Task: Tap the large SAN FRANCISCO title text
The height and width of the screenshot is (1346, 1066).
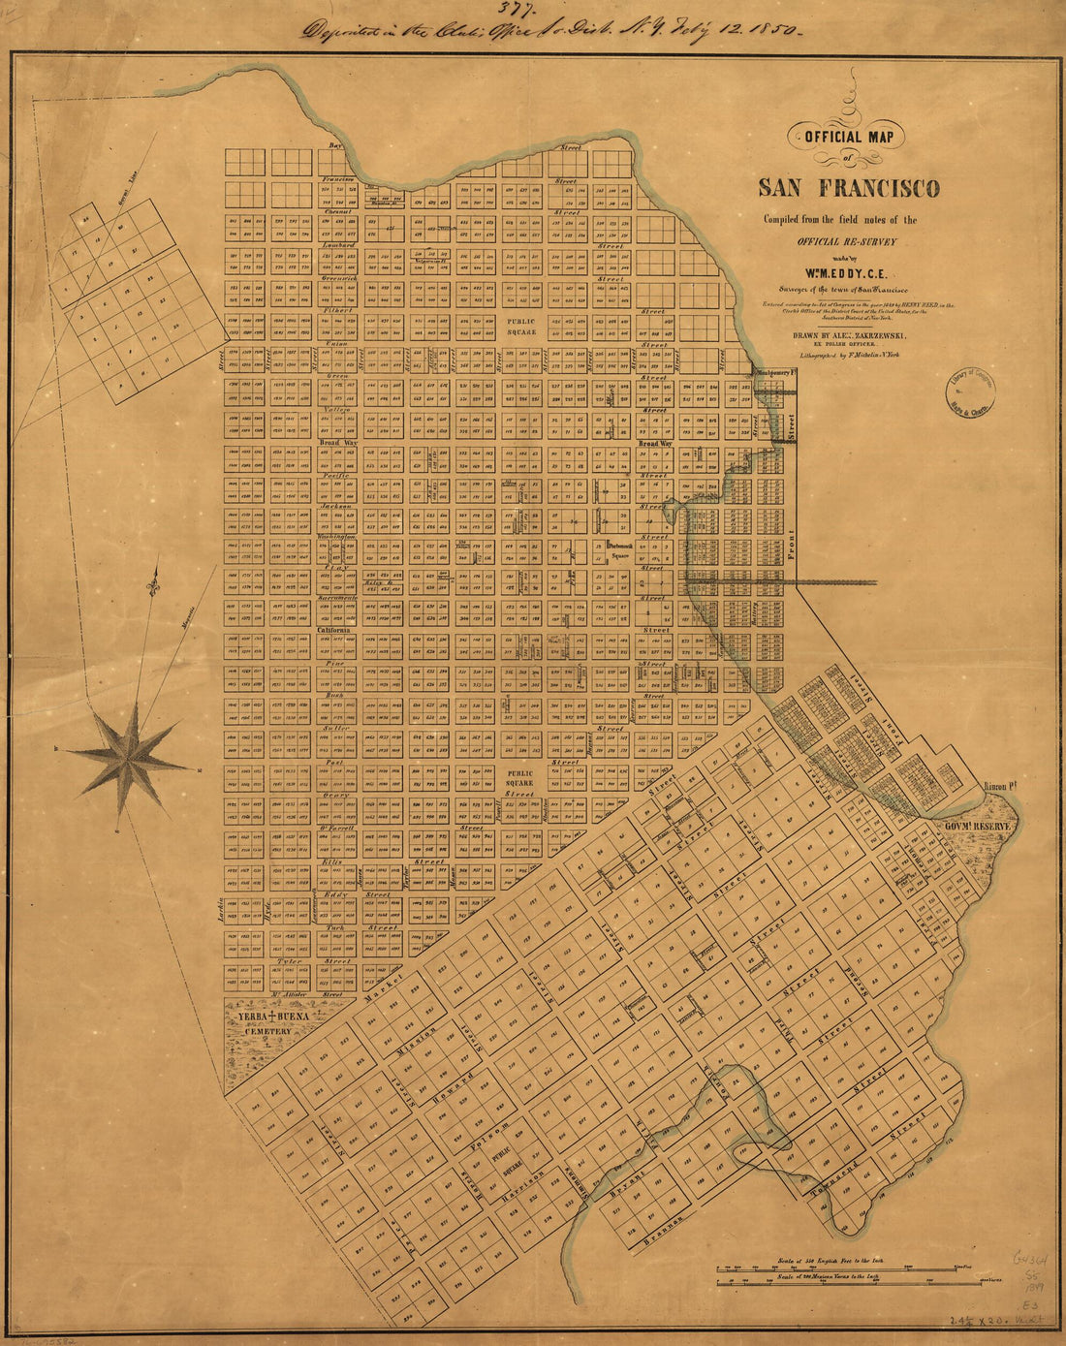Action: coord(848,188)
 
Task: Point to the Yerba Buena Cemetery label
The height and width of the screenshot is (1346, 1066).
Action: coord(274,1023)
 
